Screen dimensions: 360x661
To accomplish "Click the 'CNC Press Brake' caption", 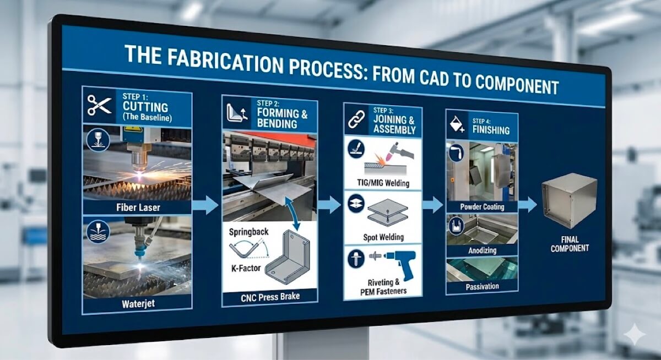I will (270, 298).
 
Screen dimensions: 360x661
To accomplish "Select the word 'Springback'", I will (248, 232).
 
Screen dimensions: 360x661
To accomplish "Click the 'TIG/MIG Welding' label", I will (382, 183).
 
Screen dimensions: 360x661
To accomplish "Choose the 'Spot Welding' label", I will (383, 237).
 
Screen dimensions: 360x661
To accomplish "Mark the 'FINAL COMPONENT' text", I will (569, 243).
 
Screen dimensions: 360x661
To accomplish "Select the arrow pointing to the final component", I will (527, 205).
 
